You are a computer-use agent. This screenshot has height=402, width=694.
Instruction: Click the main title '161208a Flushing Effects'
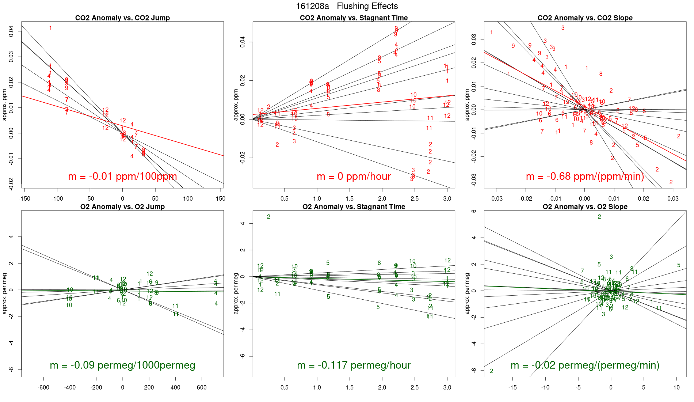click(347, 6)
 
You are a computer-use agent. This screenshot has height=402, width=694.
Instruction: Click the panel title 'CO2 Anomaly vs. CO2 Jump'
click(122, 18)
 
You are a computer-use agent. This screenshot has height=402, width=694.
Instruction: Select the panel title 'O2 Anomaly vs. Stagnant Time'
click(354, 207)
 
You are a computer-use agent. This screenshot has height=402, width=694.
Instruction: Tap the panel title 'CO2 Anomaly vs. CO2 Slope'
click(585, 18)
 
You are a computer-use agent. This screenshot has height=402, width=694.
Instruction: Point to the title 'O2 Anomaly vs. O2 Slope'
click(585, 207)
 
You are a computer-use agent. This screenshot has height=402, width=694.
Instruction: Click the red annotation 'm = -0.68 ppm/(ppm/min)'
click(585, 177)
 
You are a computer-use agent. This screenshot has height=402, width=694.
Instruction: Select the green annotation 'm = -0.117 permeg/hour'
click(354, 365)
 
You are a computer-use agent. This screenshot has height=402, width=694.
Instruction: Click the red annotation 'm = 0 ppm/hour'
click(354, 177)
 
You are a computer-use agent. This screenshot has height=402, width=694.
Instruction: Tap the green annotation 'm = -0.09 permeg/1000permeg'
click(122, 365)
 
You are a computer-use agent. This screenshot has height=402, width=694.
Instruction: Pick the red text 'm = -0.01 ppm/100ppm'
click(122, 177)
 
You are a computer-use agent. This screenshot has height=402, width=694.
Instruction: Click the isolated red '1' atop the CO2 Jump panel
click(50, 28)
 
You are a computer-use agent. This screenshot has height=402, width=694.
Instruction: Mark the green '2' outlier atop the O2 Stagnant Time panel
click(268, 217)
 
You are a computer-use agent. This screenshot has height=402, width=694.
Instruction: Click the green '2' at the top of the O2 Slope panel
click(599, 217)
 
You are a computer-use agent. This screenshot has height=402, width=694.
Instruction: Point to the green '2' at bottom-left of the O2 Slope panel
click(492, 371)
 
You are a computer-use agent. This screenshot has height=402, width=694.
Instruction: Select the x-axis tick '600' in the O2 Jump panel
click(202, 388)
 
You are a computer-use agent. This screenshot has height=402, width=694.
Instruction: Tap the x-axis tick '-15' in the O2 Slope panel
click(512, 388)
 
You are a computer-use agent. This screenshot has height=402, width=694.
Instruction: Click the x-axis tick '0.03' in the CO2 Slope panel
click(673, 199)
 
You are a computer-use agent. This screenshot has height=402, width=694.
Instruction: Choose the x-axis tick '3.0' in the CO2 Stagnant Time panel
click(447, 199)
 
